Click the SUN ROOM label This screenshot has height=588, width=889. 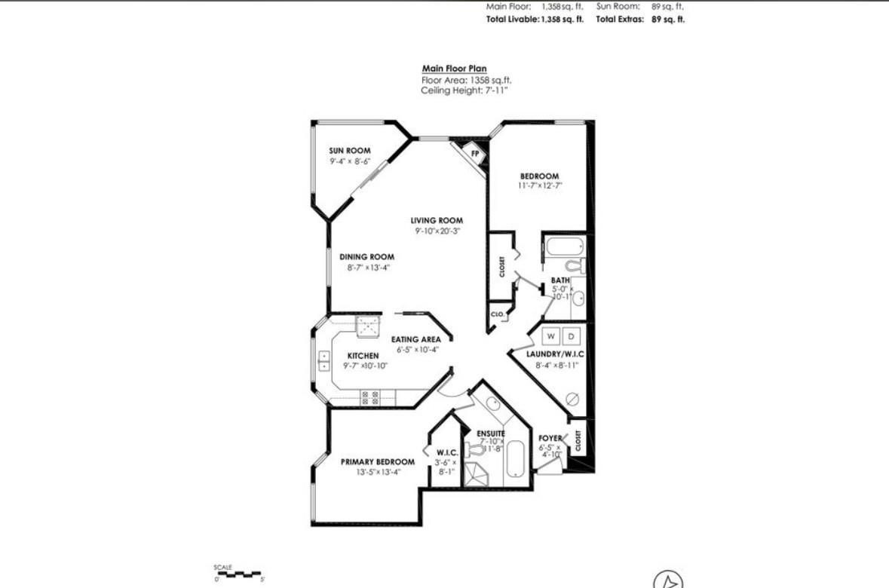coord(350,151)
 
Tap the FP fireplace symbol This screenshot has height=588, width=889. coord(474,153)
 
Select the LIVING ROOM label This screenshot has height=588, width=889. coord(437,220)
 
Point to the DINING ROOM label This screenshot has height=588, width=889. coord(366,257)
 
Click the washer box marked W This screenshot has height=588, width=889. coord(550,335)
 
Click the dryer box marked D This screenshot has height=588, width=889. coord(571,335)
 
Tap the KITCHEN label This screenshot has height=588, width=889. coord(363,356)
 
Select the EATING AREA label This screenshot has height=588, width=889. coord(415,339)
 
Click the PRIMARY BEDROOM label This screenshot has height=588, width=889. coord(378,462)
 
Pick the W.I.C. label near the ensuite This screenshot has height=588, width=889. coord(446,454)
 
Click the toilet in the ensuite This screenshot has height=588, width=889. coord(475,450)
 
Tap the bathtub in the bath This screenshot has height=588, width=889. coord(563,247)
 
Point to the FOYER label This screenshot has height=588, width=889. coord(550,438)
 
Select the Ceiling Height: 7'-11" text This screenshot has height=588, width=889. coord(464,90)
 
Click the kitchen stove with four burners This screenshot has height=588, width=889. coord(369,397)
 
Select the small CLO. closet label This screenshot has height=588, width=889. coord(498,314)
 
